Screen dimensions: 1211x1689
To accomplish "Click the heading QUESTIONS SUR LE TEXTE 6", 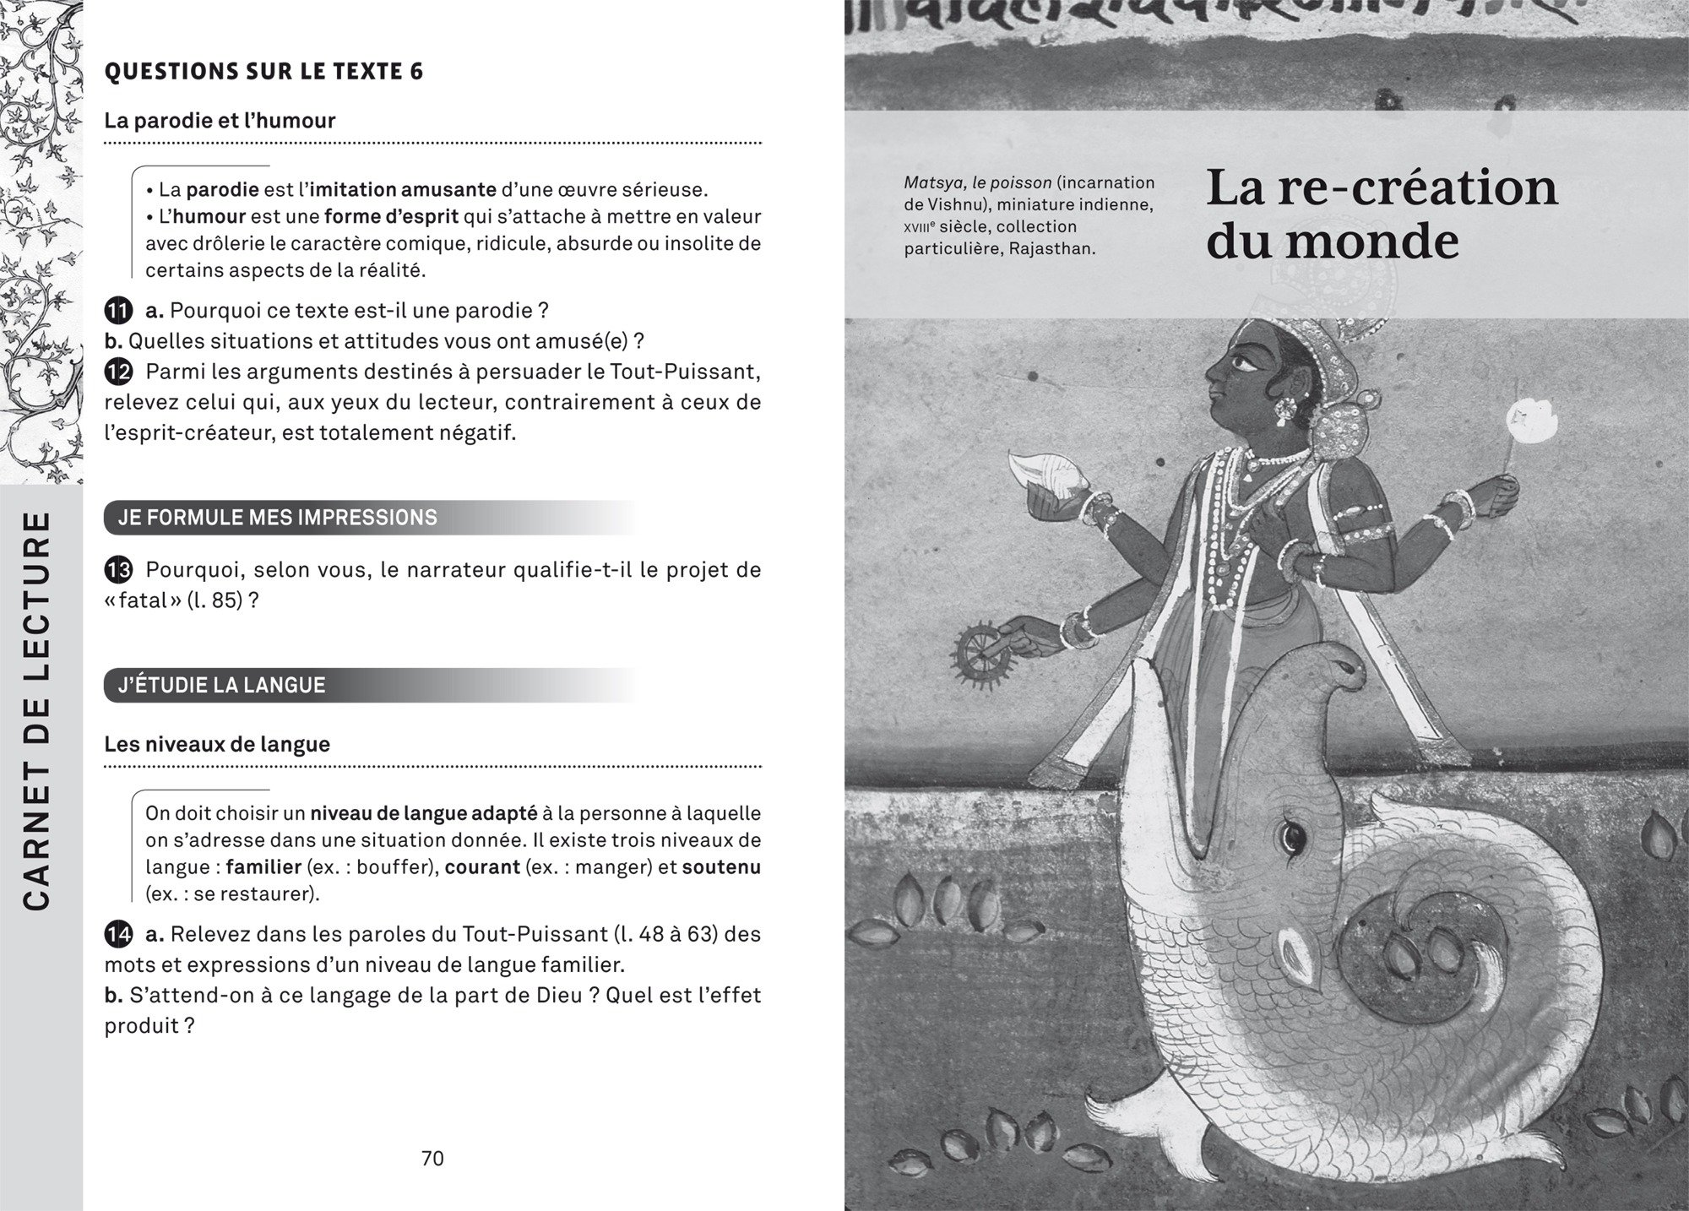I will [263, 72].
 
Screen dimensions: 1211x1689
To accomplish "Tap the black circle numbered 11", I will [119, 311].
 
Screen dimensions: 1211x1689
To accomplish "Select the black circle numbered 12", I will [119, 372].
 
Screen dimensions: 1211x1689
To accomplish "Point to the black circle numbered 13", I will [119, 570].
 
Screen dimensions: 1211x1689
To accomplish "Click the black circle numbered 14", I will [119, 935].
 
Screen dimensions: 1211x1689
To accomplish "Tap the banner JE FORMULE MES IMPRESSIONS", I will [279, 518].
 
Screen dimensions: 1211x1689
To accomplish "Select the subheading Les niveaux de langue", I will [217, 745].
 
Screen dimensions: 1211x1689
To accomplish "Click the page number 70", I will [432, 1158].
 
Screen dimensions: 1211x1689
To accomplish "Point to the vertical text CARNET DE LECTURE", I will [41, 710].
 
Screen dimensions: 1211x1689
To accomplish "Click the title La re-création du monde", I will [1381, 214].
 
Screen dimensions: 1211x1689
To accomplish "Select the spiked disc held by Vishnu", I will [981, 653].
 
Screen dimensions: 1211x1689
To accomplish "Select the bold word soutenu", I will [721, 867].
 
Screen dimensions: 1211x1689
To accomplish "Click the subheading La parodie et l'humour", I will [220, 121].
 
